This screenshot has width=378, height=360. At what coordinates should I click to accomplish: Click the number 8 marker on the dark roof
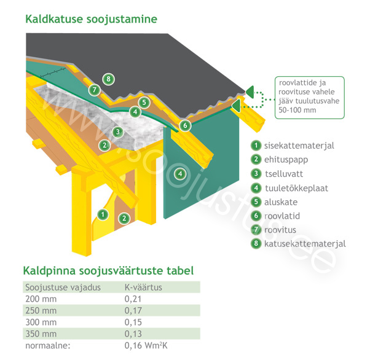pyautogui.click(x=108, y=79)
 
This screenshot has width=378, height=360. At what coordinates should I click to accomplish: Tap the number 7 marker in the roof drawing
pyautogui.click(x=94, y=90)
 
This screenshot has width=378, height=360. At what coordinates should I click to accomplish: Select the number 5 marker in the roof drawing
pyautogui.click(x=144, y=103)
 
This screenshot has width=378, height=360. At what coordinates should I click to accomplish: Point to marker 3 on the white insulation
pyautogui.click(x=118, y=132)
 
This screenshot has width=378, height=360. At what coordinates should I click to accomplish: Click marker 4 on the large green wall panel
pyautogui.click(x=180, y=173)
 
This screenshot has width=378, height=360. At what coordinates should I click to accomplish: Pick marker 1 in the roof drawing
pyautogui.click(x=103, y=214)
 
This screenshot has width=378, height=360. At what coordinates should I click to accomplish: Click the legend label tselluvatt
pyautogui.click(x=284, y=174)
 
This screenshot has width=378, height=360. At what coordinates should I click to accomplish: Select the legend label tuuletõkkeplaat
pyautogui.click(x=296, y=188)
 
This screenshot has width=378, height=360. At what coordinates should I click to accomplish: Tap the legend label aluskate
pyautogui.click(x=281, y=202)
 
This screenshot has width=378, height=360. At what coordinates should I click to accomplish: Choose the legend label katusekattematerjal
pyautogui.click(x=305, y=244)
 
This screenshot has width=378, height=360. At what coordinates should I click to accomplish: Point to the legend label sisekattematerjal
pyautogui.click(x=299, y=146)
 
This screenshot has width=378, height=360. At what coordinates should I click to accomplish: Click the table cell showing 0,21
pyautogui.click(x=133, y=299)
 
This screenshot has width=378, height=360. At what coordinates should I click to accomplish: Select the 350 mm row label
pyautogui.click(x=41, y=334)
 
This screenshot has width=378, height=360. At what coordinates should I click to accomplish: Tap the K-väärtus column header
pyautogui.click(x=143, y=288)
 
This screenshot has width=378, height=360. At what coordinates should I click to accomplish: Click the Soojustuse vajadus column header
pyautogui.click(x=63, y=288)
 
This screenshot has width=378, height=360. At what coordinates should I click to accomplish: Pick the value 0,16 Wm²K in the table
pyautogui.click(x=146, y=345)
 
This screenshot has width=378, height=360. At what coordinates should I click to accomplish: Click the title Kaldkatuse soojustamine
pyautogui.click(x=91, y=19)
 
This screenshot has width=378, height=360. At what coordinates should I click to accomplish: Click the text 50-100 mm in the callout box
pyautogui.click(x=297, y=110)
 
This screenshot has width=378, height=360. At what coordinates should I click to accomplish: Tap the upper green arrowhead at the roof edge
pyautogui.click(x=250, y=92)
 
